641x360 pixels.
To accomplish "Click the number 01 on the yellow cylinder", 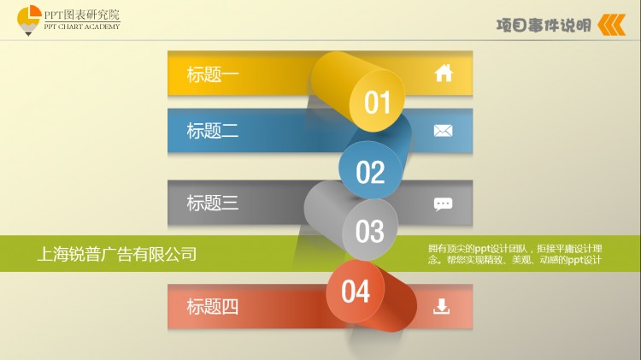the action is click(377, 103).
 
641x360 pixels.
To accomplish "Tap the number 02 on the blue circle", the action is click(370, 172).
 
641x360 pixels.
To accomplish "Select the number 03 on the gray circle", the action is click(369, 232).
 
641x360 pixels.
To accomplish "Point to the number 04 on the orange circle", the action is click(356, 292).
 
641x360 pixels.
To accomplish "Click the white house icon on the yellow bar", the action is click(444, 74).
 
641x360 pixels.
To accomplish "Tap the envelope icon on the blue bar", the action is click(443, 131).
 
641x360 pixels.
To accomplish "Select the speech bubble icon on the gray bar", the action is click(443, 204).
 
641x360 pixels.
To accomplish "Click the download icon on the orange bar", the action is click(442, 306).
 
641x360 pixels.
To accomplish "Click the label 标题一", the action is click(213, 74).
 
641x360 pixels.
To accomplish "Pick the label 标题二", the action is click(213, 131).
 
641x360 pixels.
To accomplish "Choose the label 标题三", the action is click(213, 203).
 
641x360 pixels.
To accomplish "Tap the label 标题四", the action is click(213, 306).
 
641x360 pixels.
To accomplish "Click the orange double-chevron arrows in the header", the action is click(612, 25).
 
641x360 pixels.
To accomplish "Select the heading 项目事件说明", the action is click(544, 26).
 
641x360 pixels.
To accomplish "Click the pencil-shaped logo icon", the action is click(28, 21).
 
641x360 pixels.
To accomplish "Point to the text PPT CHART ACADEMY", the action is click(82, 27).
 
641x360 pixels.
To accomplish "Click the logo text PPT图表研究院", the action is click(82, 15).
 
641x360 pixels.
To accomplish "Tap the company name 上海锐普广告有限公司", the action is click(117, 254).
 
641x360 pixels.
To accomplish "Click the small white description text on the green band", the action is click(515, 254).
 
